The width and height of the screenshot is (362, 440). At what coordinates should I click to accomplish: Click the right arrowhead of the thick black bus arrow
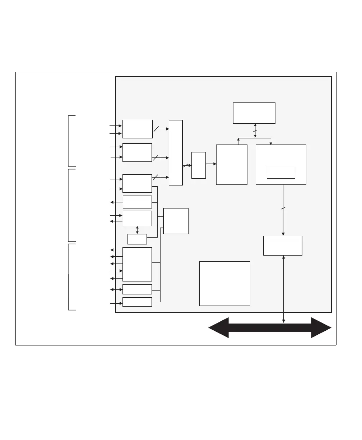point(321,327)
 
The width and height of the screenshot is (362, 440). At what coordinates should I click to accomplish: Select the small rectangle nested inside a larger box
point(281,172)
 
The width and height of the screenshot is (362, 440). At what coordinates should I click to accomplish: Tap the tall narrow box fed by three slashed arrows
point(176,153)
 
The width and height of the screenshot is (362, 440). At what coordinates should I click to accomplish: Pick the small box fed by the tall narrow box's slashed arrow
point(199,165)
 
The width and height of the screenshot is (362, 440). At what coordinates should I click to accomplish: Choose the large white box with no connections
point(224,283)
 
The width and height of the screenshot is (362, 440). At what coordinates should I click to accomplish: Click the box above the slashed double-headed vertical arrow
point(254,113)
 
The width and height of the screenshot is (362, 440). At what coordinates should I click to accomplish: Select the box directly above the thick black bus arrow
point(283,246)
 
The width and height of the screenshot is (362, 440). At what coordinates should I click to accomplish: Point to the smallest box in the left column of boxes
point(137,239)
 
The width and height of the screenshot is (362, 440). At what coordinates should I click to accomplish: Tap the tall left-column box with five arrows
point(137,264)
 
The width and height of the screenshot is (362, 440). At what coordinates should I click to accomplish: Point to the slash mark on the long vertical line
point(283,208)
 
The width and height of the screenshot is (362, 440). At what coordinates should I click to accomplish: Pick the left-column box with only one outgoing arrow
point(137,202)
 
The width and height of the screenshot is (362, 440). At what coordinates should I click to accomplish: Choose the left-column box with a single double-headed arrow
point(137,289)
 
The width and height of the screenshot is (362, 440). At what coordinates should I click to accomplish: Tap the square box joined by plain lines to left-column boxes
point(176,221)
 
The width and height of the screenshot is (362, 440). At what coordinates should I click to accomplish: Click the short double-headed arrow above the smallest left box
point(137,230)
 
